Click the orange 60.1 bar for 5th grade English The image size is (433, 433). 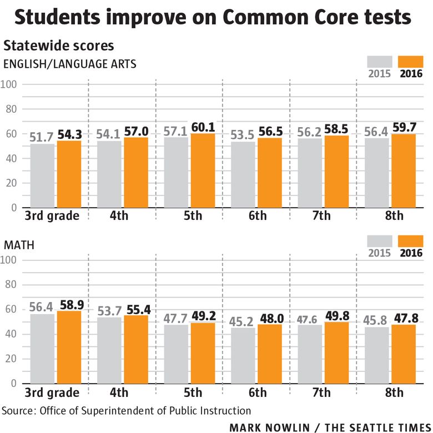(203, 170)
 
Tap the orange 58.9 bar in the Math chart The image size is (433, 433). (69, 347)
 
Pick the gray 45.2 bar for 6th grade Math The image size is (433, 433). (243, 355)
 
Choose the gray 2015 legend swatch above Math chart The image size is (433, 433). (380, 241)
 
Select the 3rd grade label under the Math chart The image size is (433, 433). (52, 392)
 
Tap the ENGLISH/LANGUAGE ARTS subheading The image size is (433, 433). (70, 63)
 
